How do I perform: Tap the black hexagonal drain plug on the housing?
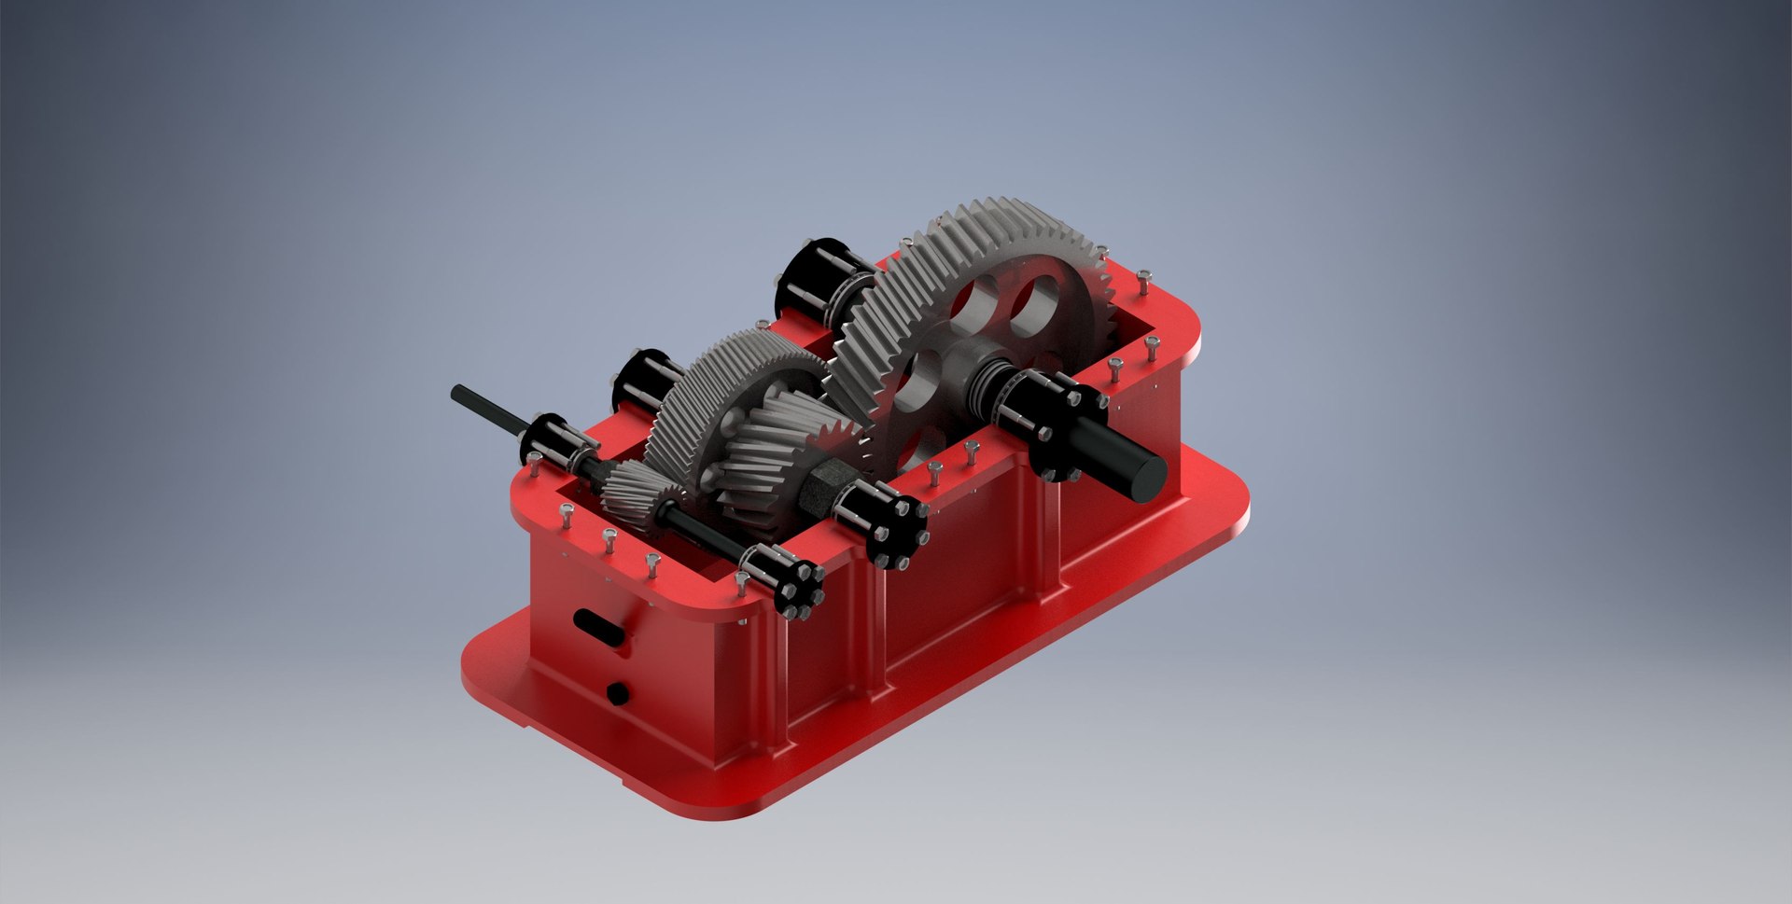point(616,692)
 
